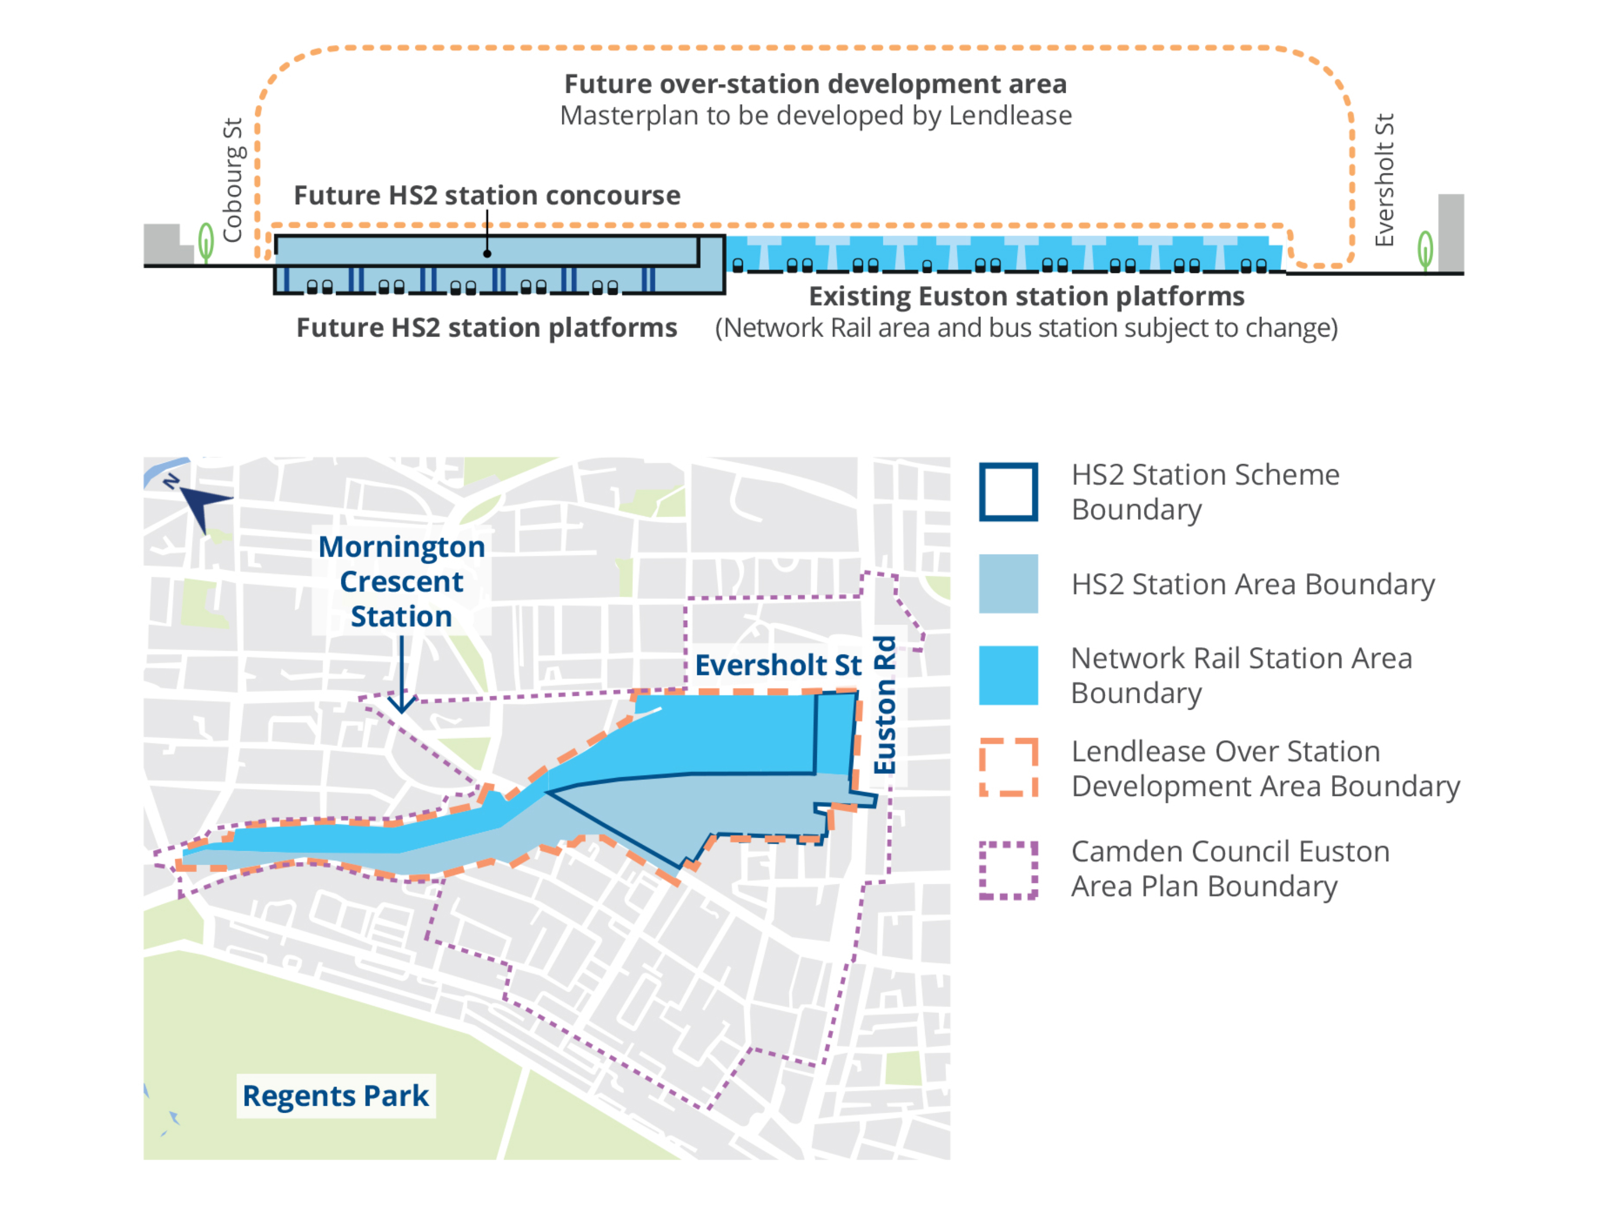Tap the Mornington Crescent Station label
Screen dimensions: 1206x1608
[401, 581]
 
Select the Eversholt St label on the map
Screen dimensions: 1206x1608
[778, 665]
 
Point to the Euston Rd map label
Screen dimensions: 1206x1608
[885, 705]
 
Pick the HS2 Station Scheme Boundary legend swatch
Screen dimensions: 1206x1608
[1008, 492]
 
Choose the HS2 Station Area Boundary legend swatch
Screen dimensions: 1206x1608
[1008, 584]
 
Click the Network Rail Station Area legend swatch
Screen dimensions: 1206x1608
[1008, 675]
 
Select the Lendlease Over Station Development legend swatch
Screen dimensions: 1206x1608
[1008, 768]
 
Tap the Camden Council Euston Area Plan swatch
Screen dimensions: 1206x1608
[1008, 870]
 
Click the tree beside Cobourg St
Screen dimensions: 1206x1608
[206, 242]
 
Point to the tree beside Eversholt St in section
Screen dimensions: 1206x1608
[1426, 251]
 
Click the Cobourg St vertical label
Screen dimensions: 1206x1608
[233, 180]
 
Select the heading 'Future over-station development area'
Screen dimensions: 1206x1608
[816, 84]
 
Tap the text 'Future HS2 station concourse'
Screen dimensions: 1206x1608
[487, 196]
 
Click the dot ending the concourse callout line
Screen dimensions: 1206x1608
[487, 254]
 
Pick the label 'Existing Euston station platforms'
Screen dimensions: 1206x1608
[1026, 296]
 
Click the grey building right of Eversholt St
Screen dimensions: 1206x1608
[1451, 233]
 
